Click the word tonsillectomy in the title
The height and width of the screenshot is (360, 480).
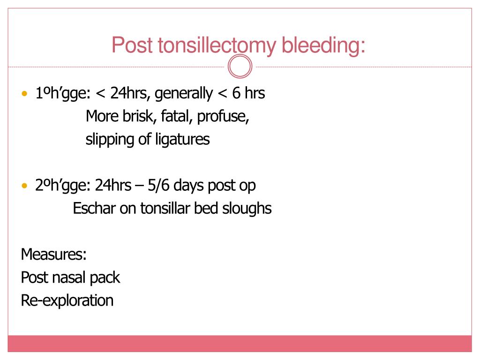coord(217,46)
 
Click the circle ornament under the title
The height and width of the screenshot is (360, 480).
coord(240,67)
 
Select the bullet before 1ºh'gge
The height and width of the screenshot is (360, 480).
coord(25,94)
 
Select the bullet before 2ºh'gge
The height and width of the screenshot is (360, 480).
coord(25,186)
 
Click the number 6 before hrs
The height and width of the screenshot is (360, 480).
coord(236,93)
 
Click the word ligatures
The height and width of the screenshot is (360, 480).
coord(181,140)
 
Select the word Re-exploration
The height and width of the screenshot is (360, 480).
coord(67,300)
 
